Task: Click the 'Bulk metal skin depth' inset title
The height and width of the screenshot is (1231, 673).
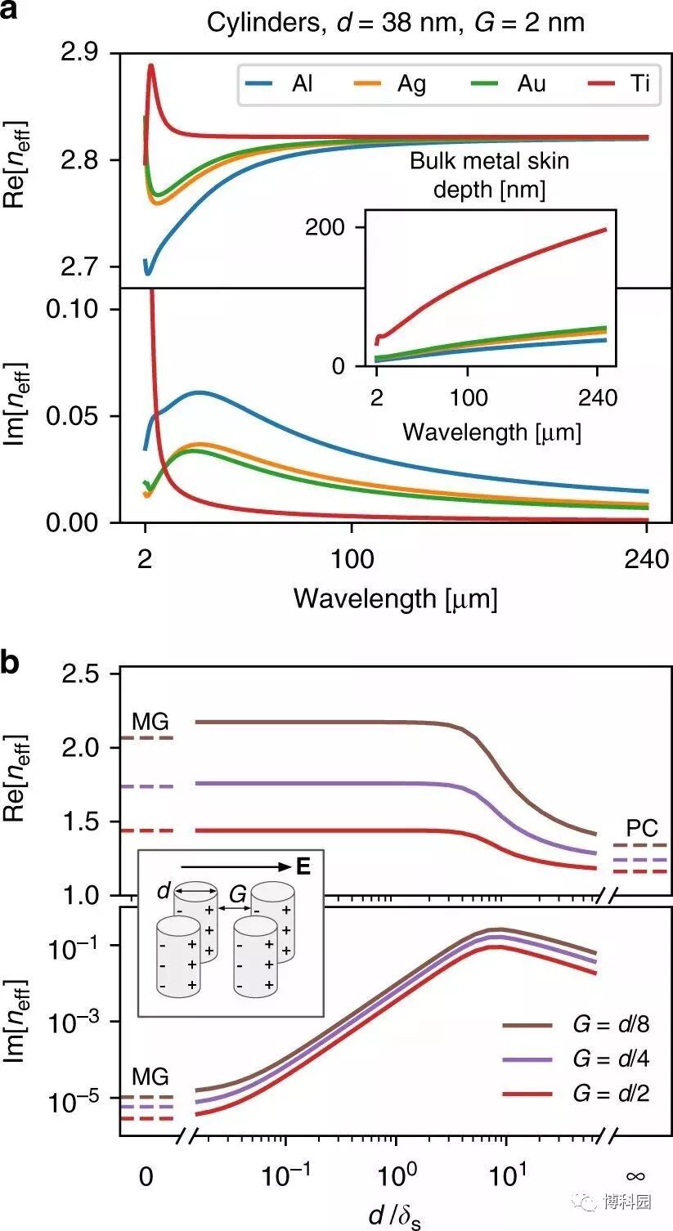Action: (x=489, y=174)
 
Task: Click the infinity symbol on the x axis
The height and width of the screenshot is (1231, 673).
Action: (x=635, y=1176)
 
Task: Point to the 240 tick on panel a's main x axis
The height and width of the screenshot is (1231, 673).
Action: (x=647, y=559)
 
